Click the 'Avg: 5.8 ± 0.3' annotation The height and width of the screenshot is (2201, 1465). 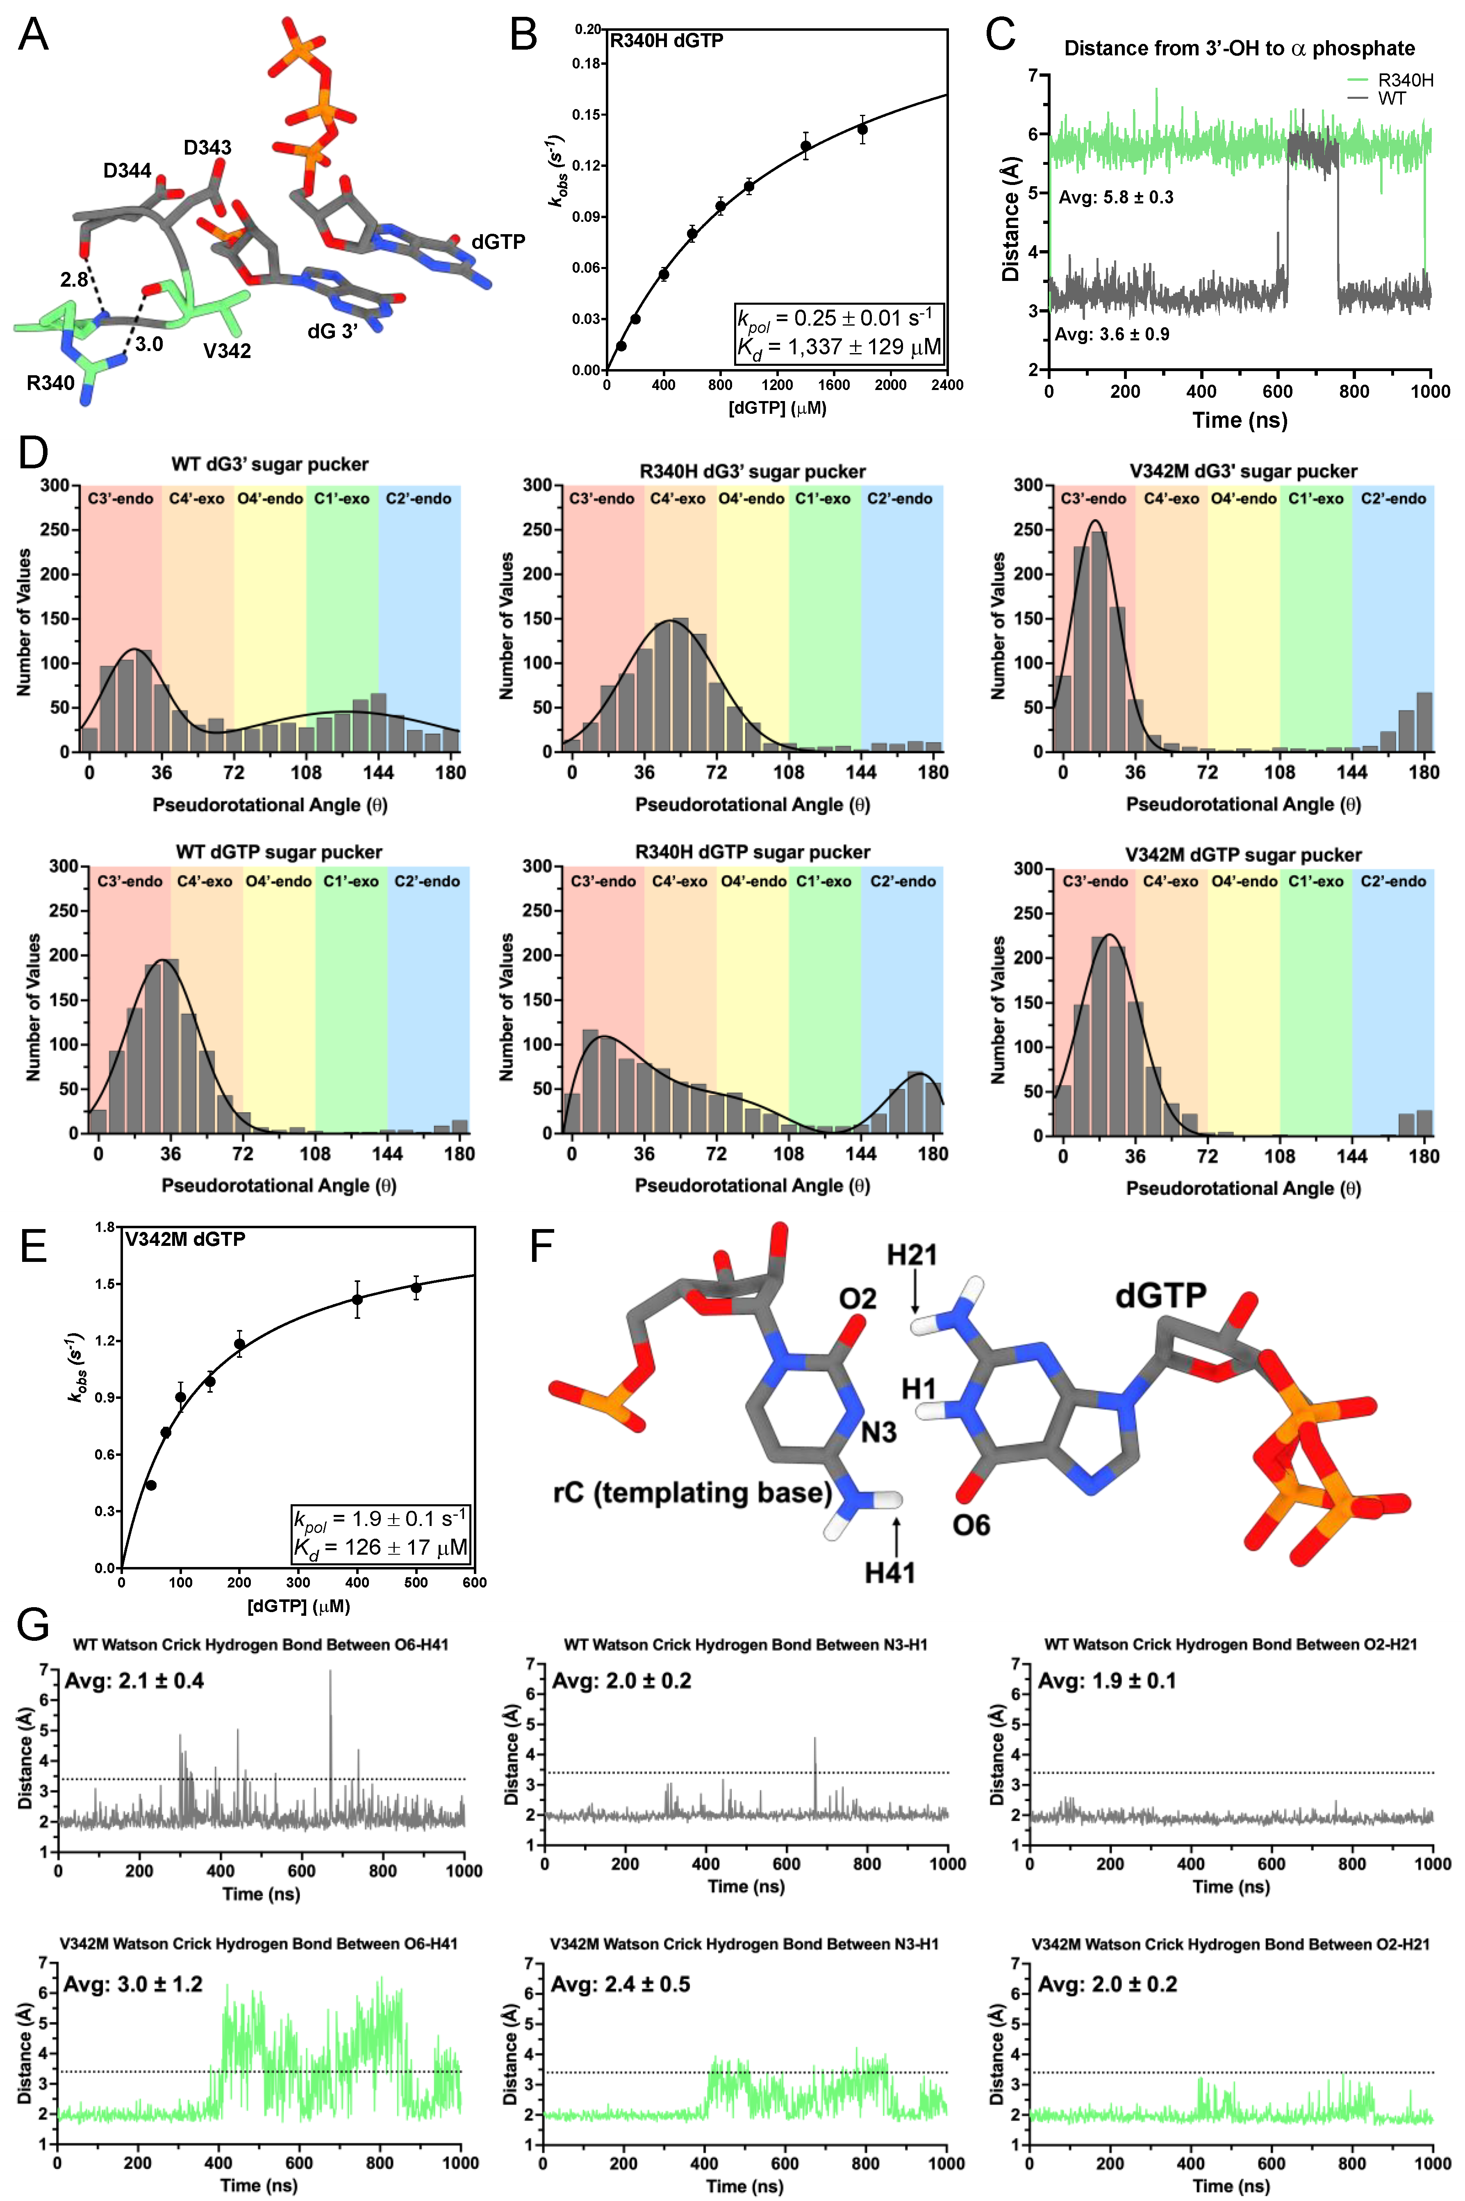coord(1116,197)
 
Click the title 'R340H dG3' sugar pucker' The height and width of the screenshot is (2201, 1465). coord(752,471)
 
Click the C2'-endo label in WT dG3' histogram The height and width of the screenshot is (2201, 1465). coord(419,499)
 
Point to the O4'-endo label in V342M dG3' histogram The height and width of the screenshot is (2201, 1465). coord(1244,499)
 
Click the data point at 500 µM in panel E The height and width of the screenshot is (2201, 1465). coord(416,1288)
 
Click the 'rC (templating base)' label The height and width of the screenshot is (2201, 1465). coord(692,1493)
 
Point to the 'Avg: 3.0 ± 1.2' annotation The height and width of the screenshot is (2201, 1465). coord(133,1983)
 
